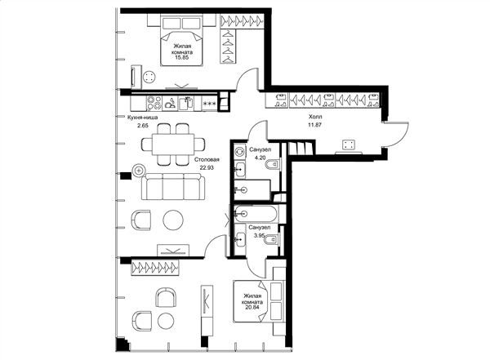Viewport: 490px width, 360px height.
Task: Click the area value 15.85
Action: tap(182, 57)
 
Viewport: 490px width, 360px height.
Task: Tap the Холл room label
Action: tap(315, 117)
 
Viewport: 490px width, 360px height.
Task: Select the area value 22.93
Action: tap(207, 167)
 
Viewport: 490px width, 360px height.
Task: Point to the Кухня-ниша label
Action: tap(142, 118)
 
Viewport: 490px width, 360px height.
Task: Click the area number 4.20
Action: tap(260, 158)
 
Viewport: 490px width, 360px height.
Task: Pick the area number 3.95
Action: tap(260, 236)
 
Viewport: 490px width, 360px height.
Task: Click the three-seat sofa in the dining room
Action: tap(173, 187)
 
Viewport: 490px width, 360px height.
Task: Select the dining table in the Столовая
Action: tap(173, 144)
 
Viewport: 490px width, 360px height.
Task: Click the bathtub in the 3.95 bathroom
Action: tap(256, 214)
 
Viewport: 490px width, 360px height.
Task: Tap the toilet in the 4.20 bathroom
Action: tap(274, 164)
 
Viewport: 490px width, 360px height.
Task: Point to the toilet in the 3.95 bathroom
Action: tap(272, 240)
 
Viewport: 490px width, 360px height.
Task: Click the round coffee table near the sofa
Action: tap(173, 220)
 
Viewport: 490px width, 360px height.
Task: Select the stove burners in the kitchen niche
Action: tap(154, 103)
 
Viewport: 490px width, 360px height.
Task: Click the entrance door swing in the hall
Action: tap(396, 134)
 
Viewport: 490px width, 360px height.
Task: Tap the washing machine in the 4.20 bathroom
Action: tap(239, 151)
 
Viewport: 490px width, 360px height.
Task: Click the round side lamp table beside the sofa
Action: tap(139, 171)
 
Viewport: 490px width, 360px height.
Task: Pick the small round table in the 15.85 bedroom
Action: tap(149, 78)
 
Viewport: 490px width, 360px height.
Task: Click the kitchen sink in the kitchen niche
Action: tap(186, 103)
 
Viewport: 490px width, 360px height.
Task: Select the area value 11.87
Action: tap(315, 124)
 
